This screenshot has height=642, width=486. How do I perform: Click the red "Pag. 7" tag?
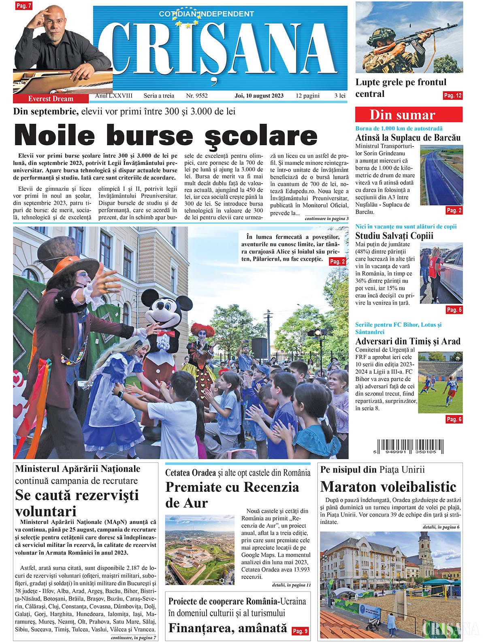(23, 6)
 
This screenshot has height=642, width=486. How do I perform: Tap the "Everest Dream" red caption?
(51, 99)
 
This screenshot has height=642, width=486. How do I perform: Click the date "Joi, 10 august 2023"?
(259, 96)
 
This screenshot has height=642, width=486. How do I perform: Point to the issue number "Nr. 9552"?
(196, 96)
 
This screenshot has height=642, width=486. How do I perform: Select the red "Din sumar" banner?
(408, 115)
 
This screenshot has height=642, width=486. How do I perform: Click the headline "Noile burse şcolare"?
(166, 136)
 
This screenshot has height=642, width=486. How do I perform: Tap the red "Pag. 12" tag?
(452, 95)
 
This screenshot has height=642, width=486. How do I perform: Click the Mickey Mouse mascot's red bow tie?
(166, 333)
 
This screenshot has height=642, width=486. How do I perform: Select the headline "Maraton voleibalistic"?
(388, 486)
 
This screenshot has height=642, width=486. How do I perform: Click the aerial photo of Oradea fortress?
(200, 549)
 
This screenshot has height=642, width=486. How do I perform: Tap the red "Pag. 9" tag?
(300, 631)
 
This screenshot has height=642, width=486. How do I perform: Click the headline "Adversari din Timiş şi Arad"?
(408, 341)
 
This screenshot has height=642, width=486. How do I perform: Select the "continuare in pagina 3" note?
(326, 218)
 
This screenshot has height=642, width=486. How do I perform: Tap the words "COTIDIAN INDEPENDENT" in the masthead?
(206, 14)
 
